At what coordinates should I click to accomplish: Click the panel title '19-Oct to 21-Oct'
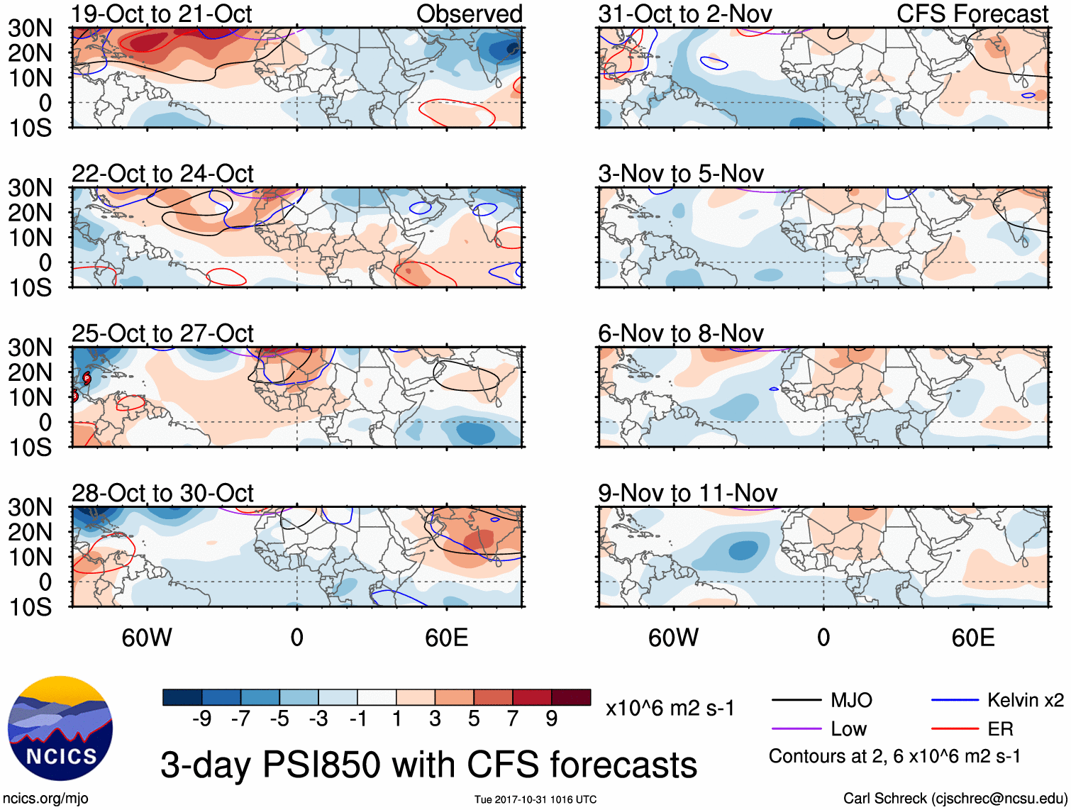162,13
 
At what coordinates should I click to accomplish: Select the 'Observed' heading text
469,13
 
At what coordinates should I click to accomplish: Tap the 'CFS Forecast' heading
972,13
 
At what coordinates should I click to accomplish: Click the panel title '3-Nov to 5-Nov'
681,174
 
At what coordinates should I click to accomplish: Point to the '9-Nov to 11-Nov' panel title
687,493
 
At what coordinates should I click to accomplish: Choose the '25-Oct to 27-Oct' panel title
162,333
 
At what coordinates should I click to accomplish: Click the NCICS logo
60,728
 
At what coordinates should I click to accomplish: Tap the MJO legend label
851,701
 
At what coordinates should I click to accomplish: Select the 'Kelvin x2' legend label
1025,701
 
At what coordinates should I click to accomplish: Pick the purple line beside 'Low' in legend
797,728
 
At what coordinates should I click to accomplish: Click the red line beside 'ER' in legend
955,728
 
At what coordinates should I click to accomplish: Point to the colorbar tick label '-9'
202,719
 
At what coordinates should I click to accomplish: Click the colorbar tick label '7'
513,719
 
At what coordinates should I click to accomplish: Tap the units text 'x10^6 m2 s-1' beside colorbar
670,709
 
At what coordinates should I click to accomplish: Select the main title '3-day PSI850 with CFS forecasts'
428,765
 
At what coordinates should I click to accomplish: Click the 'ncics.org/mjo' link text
45,799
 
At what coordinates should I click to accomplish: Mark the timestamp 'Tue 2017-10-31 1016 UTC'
535,800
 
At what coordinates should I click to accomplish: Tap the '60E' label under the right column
972,638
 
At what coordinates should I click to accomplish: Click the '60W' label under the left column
147,638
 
